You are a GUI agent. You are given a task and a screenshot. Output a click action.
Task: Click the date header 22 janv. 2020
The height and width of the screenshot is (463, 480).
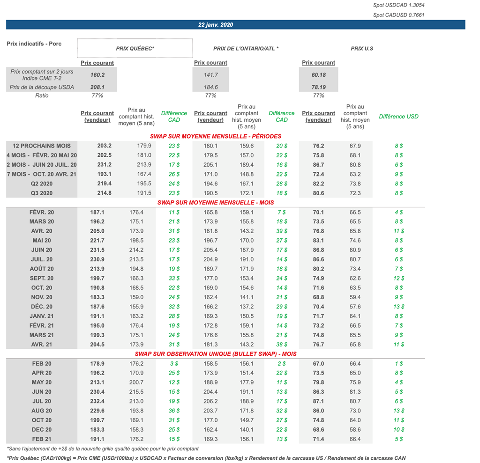[x=216, y=25]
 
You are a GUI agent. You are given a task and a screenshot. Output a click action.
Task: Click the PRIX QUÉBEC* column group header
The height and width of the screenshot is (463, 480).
[x=135, y=48]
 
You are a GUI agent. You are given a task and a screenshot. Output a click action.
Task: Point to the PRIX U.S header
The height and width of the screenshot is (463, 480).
[x=361, y=48]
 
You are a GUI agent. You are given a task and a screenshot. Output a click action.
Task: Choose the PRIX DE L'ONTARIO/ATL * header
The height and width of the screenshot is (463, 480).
[x=246, y=48]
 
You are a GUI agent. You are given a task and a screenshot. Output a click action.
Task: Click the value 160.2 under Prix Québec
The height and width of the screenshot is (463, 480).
[x=97, y=75]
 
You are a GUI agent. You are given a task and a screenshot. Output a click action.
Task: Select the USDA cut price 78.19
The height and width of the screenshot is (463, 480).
[x=318, y=87]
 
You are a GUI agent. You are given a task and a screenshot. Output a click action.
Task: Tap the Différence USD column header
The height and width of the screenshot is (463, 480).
[x=398, y=117]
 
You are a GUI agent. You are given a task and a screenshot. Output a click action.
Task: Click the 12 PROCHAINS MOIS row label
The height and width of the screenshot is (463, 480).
[x=42, y=146]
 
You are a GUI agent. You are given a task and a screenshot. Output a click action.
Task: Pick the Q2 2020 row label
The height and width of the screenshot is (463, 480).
[x=42, y=184]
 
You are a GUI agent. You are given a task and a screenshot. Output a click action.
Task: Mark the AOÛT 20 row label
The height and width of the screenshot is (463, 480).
[x=42, y=269]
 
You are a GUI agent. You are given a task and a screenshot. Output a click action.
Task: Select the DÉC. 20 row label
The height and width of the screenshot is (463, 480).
[x=42, y=307]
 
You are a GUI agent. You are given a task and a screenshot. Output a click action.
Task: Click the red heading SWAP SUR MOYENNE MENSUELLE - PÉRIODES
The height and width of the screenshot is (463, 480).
[x=216, y=136]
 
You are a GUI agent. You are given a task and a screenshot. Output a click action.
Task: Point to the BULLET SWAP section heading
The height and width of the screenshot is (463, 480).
[x=216, y=354]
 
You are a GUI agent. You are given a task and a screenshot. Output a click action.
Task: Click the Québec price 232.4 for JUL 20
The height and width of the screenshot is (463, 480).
[x=97, y=401]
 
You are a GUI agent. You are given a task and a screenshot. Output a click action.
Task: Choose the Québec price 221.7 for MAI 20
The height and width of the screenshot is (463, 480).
[x=97, y=241]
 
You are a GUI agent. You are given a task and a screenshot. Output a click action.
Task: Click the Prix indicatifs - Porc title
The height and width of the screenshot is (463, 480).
[x=34, y=44]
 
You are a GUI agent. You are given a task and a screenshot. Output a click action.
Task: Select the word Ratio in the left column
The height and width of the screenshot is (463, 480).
[x=42, y=96]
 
